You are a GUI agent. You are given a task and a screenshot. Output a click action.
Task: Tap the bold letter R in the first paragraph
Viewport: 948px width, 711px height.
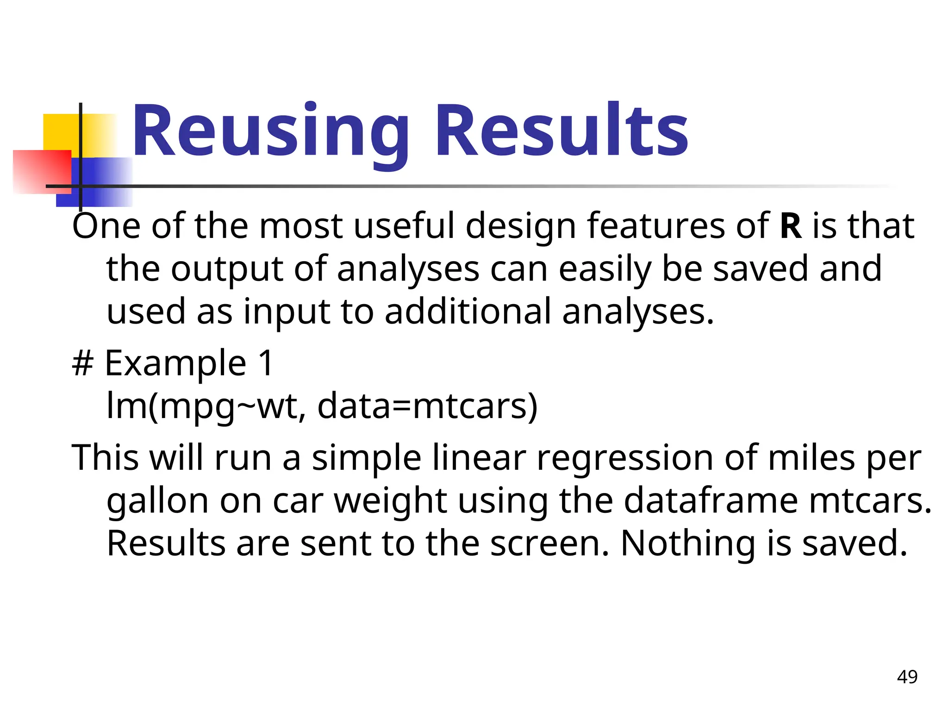[x=791, y=226]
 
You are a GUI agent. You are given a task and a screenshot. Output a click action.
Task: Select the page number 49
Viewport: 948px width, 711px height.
[x=907, y=677]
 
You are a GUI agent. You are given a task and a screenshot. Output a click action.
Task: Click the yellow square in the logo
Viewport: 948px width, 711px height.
[x=60, y=132]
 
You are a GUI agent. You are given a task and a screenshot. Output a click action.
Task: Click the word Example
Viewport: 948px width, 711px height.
[x=175, y=364]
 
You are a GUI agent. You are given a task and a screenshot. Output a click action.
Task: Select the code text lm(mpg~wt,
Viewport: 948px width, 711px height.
[x=206, y=406]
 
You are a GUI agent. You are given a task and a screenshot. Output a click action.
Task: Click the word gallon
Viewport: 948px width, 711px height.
[x=157, y=502]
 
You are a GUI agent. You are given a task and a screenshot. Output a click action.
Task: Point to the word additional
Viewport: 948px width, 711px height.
[x=468, y=312]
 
